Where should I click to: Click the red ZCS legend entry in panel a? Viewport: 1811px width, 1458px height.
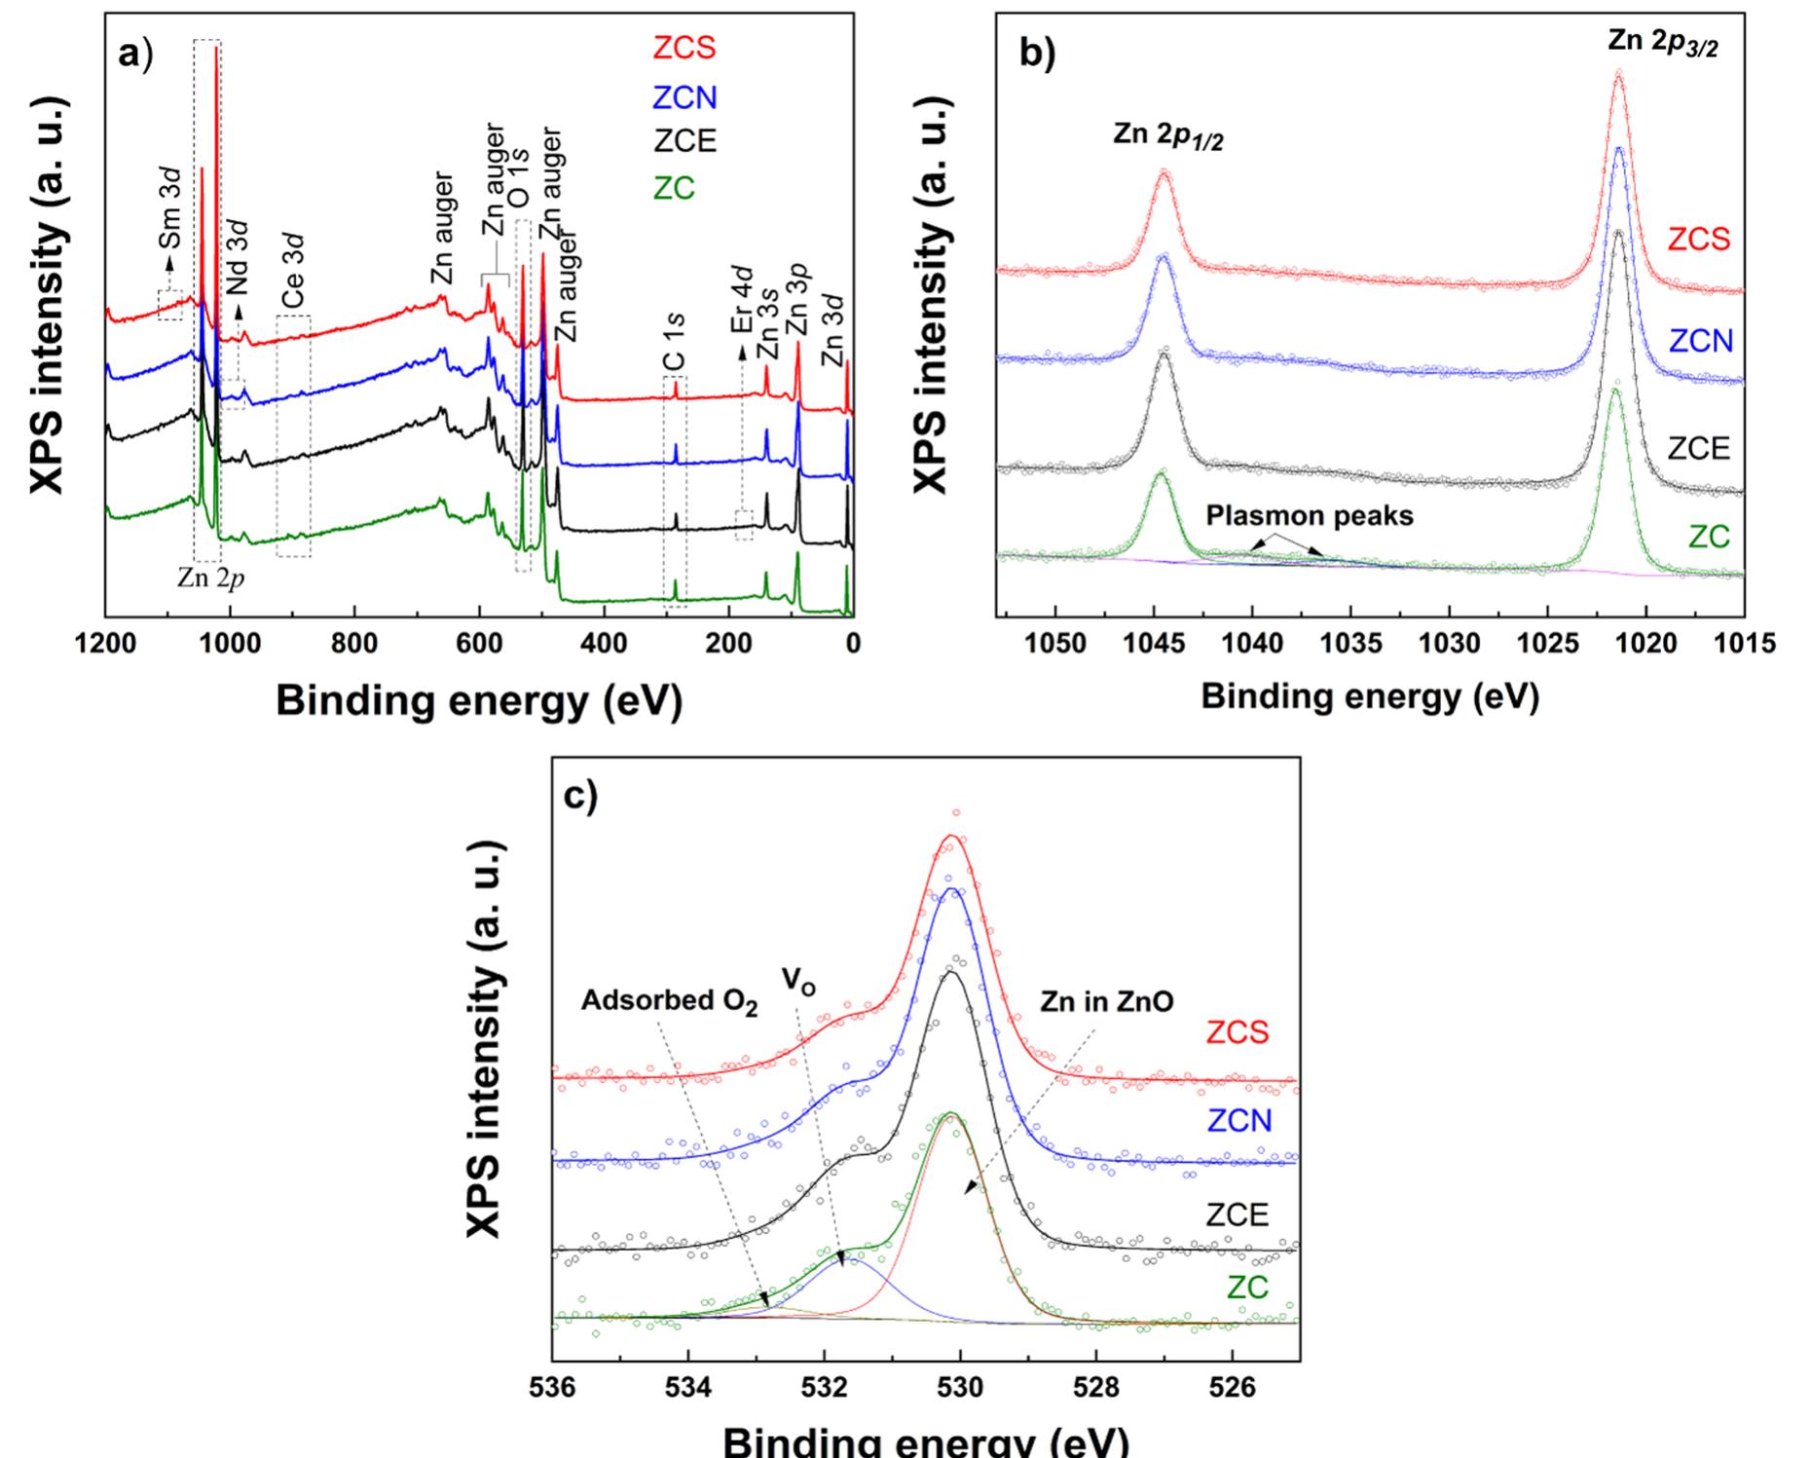(684, 48)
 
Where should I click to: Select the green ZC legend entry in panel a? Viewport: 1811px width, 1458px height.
(674, 188)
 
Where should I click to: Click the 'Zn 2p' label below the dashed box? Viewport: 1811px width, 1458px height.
(210, 578)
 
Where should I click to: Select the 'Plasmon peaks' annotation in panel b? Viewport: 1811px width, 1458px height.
(1310, 515)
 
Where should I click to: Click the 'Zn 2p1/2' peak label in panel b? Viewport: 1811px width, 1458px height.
(1167, 135)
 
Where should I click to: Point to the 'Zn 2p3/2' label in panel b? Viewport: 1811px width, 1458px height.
(1662, 44)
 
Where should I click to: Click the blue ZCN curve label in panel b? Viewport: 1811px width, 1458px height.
(1701, 341)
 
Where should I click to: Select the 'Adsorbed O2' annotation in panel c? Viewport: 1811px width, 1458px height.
(669, 1002)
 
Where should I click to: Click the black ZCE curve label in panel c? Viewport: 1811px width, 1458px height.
(1238, 1215)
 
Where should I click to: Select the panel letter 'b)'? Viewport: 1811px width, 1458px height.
(1036, 54)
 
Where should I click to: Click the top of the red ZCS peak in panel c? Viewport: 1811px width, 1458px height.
(951, 836)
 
